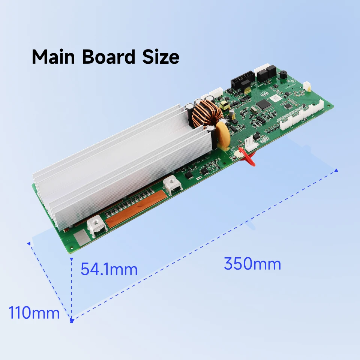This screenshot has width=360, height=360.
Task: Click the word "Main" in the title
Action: tap(53, 57)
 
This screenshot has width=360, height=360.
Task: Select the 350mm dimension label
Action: tap(252, 264)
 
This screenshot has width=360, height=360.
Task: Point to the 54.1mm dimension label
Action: tap(109, 269)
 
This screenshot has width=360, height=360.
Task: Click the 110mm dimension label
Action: tap(34, 313)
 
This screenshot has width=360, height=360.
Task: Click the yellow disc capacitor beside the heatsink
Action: tap(223, 136)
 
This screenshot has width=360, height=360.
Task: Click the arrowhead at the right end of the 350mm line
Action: tap(336, 170)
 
